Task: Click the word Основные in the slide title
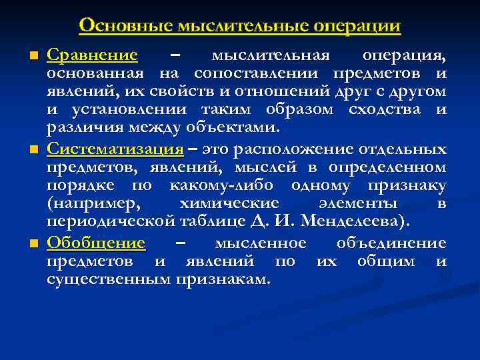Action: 125,25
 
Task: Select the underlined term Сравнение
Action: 92,55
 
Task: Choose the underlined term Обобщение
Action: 96,242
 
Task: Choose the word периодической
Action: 111,221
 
